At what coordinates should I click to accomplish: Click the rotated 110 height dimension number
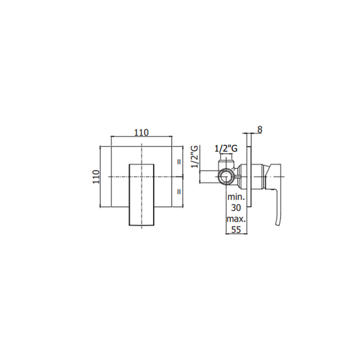click(x=96, y=176)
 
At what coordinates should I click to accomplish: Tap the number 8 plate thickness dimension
click(x=259, y=129)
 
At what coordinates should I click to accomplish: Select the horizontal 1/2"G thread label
click(x=226, y=149)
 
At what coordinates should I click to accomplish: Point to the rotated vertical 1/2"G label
click(x=195, y=156)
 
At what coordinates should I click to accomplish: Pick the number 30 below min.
click(x=236, y=207)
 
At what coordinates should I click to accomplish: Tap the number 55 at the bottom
click(x=236, y=230)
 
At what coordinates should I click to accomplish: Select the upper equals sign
click(x=179, y=162)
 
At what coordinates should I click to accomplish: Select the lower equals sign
click(x=179, y=192)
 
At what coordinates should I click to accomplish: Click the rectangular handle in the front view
click(x=142, y=194)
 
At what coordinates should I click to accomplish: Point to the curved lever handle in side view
click(x=278, y=207)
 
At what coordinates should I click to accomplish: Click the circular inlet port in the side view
click(x=225, y=176)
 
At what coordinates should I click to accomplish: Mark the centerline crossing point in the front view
click(x=142, y=176)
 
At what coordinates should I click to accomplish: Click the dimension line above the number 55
click(x=236, y=233)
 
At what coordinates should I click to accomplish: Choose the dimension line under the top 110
click(x=141, y=136)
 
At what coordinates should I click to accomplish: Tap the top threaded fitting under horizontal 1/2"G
click(x=225, y=162)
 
